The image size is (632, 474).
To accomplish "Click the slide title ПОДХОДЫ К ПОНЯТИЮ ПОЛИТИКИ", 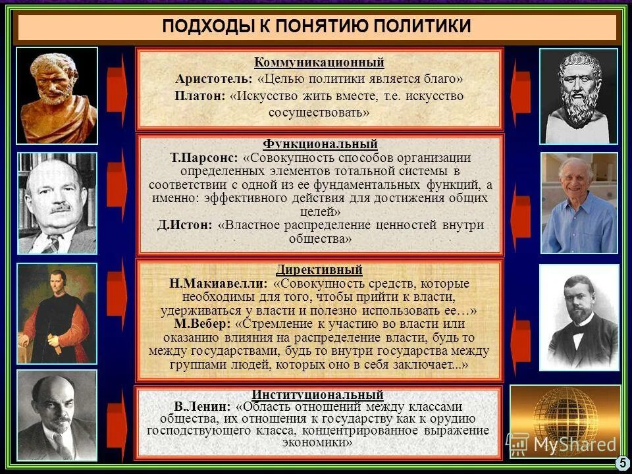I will pyautogui.click(x=316, y=26).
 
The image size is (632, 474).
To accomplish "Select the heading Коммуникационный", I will pyautogui.click(x=319, y=63).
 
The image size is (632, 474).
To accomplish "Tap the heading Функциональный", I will pyautogui.click(x=320, y=144).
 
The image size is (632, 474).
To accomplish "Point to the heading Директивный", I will pyautogui.click(x=319, y=270).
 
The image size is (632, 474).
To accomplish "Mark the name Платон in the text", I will pyautogui.click(x=199, y=96).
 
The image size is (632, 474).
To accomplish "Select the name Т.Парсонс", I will pyautogui.click(x=203, y=159).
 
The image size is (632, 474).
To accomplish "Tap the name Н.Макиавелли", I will pyautogui.click(x=218, y=284).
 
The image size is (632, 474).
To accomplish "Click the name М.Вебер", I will pyautogui.click(x=201, y=324).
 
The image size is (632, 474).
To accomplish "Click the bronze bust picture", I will pyautogui.click(x=57, y=95).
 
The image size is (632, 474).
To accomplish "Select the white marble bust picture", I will pyautogui.click(x=579, y=95).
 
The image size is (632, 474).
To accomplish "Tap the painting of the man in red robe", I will pyautogui.click(x=57, y=315).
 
